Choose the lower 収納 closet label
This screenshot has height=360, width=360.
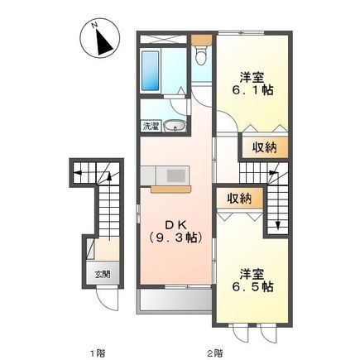240,198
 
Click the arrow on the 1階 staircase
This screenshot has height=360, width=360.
77,174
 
